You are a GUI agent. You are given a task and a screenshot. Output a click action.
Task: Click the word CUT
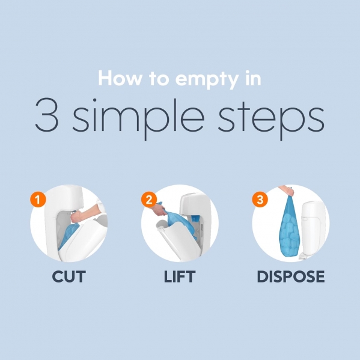click(69, 276)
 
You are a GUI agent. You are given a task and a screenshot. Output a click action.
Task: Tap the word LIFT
click(180, 276)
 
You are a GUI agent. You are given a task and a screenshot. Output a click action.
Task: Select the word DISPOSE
click(291, 276)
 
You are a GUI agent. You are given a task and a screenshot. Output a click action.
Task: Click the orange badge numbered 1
click(38, 200)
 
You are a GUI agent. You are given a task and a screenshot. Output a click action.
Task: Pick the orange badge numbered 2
click(149, 200)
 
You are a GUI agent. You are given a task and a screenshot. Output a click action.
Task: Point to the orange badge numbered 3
click(260, 200)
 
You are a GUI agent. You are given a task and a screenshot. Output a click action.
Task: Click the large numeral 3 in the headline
click(46, 115)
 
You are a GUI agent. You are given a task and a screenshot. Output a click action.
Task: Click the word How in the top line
click(120, 78)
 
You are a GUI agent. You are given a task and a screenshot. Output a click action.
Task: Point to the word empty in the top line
click(207, 80)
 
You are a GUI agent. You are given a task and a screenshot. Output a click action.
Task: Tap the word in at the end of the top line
click(253, 78)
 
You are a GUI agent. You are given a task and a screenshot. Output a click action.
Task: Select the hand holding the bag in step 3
click(287, 191)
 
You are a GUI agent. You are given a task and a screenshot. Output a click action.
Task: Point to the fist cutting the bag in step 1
click(77, 216)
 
